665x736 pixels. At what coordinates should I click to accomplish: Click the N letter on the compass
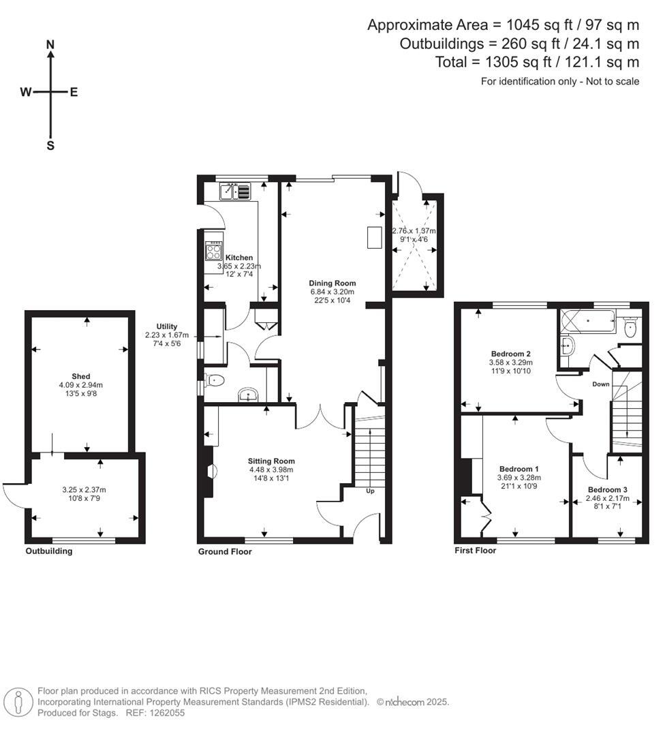pyautogui.click(x=50, y=44)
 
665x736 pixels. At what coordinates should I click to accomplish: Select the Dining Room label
pyautogui.click(x=332, y=283)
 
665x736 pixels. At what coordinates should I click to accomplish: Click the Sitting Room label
pyautogui.click(x=270, y=461)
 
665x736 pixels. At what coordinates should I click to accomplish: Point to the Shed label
pyautogui.click(x=81, y=376)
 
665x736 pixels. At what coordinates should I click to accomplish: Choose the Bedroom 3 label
pyautogui.click(x=607, y=490)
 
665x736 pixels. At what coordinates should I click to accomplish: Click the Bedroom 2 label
pyautogui.click(x=510, y=354)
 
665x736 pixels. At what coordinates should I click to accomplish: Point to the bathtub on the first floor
pyautogui.click(x=587, y=320)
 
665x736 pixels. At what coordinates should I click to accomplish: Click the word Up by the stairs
pyautogui.click(x=371, y=491)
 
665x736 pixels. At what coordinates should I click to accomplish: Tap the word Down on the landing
pyautogui.click(x=601, y=384)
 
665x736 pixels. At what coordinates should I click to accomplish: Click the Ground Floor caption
pyautogui.click(x=225, y=551)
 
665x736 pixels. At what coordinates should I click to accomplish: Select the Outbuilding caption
pyautogui.click(x=48, y=551)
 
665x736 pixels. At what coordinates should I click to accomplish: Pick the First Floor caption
pyautogui.click(x=476, y=550)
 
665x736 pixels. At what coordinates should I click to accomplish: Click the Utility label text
pyautogui.click(x=167, y=326)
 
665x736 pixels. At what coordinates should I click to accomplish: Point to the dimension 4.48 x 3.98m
pyautogui.click(x=270, y=469)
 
